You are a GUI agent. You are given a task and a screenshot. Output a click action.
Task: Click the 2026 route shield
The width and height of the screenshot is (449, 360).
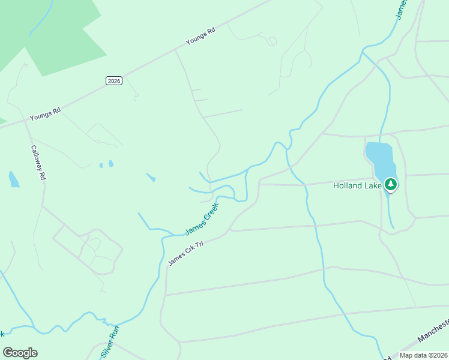click(113, 81)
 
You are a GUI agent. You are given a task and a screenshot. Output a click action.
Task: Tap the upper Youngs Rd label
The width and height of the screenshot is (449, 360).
click(200, 37)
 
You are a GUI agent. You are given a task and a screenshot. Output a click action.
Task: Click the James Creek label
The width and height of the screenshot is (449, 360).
click(202, 219)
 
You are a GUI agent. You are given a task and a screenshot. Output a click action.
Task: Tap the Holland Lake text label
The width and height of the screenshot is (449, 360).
click(357, 186)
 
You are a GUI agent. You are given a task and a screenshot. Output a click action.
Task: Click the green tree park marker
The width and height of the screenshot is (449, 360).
click(391, 184)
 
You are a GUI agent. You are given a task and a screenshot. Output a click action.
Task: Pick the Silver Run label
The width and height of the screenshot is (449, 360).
click(110, 339)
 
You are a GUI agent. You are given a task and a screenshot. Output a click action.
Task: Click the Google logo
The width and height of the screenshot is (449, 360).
click(20, 353)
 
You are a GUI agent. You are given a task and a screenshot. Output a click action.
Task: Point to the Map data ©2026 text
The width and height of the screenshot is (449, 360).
click(423, 355)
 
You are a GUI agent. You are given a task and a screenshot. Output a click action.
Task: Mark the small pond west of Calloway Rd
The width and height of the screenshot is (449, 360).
click(13, 179)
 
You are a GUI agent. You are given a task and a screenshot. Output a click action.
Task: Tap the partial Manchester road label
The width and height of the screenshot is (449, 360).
click(433, 331)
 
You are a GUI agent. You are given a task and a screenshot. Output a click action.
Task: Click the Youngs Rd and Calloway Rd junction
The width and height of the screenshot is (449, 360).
click(28, 120)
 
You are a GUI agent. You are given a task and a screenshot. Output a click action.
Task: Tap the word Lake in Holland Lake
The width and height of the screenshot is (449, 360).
click(372, 186)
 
